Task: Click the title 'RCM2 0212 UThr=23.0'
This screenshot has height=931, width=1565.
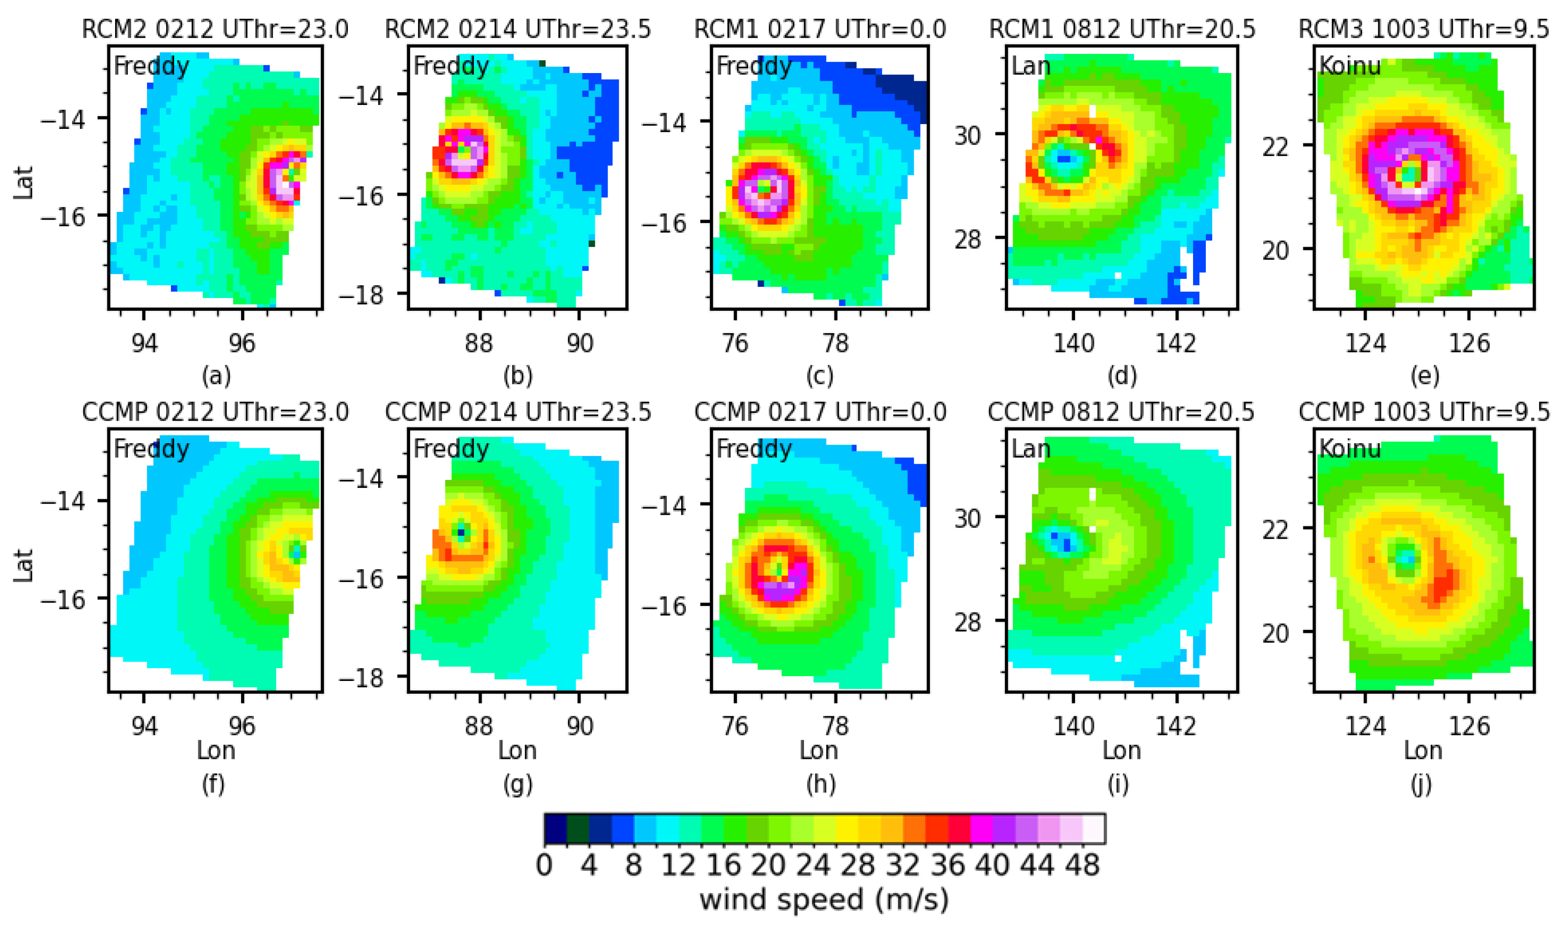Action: (215, 29)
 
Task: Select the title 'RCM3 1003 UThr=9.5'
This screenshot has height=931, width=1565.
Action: (1423, 29)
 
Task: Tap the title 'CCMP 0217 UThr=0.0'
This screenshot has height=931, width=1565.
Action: (820, 412)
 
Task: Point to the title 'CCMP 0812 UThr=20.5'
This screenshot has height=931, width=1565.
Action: (1121, 412)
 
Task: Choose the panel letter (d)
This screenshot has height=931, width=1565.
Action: (1122, 376)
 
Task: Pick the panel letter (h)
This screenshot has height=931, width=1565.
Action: (821, 784)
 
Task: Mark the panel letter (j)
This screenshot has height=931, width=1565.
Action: (1421, 784)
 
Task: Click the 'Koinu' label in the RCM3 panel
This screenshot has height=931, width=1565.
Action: (1350, 66)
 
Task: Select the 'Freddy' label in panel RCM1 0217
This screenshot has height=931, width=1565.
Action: (754, 66)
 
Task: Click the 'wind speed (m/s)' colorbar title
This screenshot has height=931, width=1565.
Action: (824, 900)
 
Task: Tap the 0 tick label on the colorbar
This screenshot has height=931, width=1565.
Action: (544, 866)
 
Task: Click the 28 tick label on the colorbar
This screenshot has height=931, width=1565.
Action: (858, 866)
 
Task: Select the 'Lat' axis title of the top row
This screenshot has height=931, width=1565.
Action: (24, 182)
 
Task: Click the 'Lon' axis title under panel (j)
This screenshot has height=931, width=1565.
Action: (1423, 750)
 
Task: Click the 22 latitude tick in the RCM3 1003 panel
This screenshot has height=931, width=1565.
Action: (1275, 147)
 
